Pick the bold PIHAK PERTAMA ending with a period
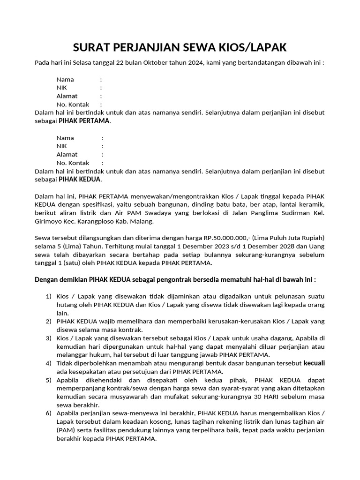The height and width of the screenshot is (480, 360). tap(85, 121)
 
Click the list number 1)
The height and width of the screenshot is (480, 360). tap(48, 297)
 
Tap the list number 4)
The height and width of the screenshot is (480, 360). tap(48, 363)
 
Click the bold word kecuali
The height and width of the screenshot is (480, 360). tap(314, 363)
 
